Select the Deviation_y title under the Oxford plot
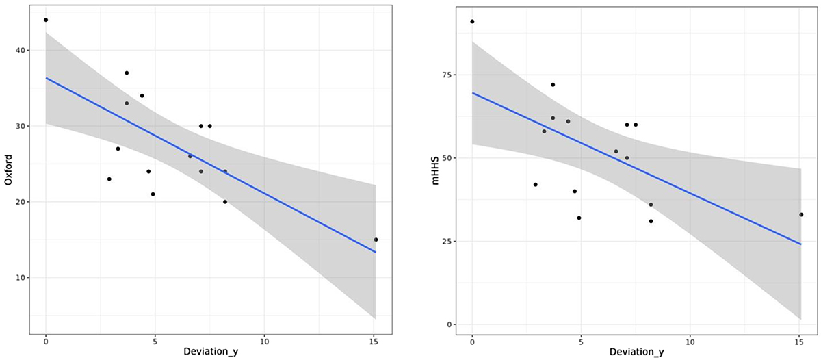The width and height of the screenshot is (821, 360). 210,352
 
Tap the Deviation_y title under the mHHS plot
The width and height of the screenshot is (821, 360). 636,352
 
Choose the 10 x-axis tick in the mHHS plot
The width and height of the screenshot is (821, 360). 690,340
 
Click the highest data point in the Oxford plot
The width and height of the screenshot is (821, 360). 46,20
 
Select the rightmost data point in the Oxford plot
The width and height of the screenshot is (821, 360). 376,240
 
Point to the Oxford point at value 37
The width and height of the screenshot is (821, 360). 127,73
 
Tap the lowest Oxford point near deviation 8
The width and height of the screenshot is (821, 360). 225,202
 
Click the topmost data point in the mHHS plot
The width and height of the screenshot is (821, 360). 472,21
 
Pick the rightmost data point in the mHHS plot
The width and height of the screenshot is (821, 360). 801,214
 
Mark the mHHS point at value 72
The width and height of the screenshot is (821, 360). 553,85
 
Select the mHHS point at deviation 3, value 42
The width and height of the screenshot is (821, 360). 536,185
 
